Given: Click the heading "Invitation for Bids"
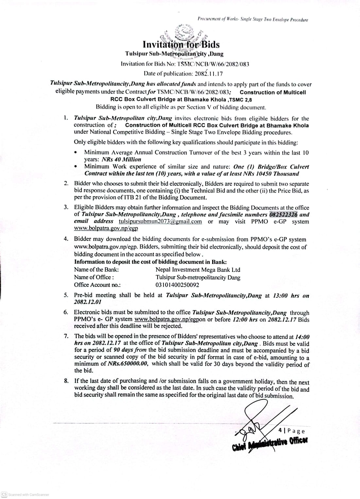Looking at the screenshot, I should point(181,44).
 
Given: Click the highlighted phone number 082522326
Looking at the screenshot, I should point(283,215).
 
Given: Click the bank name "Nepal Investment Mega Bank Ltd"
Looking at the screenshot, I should point(198,270).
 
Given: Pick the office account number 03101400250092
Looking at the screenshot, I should point(177,285).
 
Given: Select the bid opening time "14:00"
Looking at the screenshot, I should point(302,337).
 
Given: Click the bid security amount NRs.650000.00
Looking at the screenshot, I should point(128,364).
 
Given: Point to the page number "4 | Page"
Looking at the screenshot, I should point(292,431).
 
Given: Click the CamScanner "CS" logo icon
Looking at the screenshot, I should point(4,494).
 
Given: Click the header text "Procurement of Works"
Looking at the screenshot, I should point(218,20).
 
